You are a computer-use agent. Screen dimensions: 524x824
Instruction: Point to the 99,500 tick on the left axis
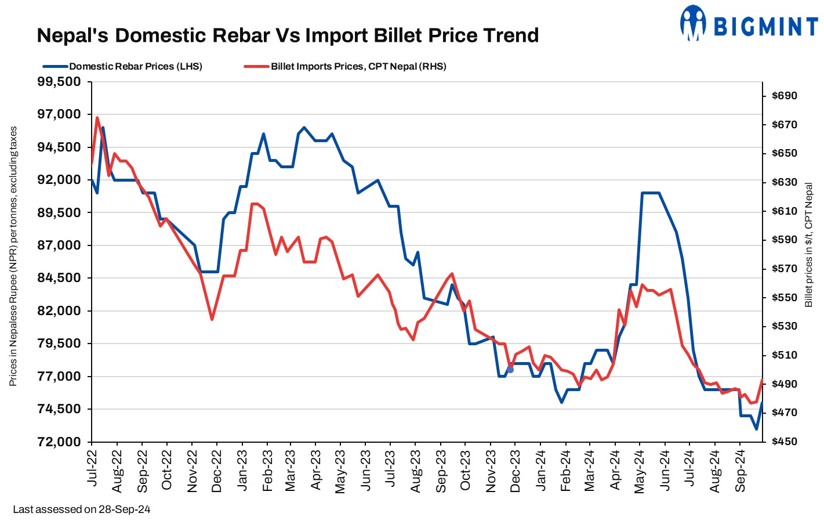[59, 82]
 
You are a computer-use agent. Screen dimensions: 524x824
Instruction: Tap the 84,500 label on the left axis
[59, 278]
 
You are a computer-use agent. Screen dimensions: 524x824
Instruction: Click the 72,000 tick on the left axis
[59, 442]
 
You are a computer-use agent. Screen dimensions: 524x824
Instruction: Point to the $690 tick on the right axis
[784, 96]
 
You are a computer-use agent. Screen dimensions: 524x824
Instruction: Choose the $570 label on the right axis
[784, 269]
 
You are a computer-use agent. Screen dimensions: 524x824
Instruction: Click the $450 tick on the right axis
[784, 442]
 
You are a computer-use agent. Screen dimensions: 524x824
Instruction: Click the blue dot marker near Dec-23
[510, 370]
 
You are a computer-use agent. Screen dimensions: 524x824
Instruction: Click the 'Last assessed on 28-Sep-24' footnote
[82, 509]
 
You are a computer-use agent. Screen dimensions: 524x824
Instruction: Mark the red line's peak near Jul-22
[97, 118]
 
